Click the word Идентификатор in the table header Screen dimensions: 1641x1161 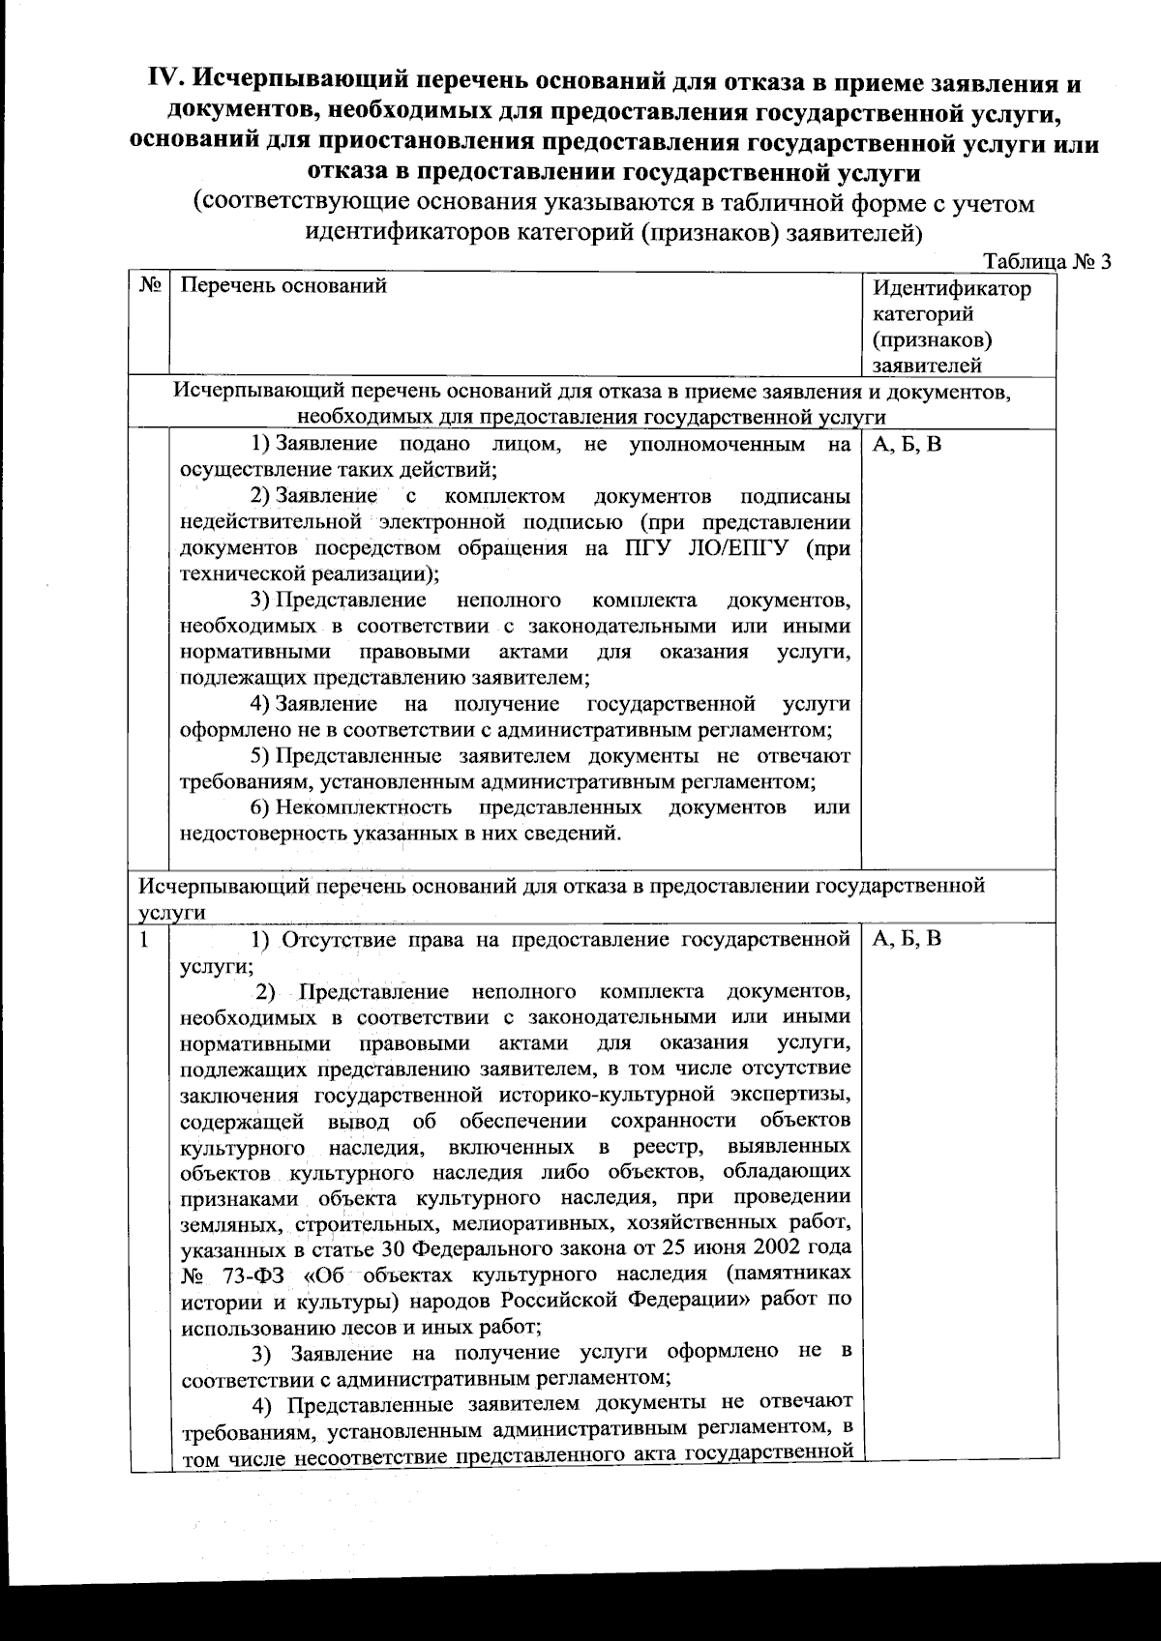tap(952, 288)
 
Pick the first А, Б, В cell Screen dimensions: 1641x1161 tap(907, 446)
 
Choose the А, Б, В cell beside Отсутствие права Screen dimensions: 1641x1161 tap(907, 939)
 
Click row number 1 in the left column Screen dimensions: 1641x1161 tap(144, 939)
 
